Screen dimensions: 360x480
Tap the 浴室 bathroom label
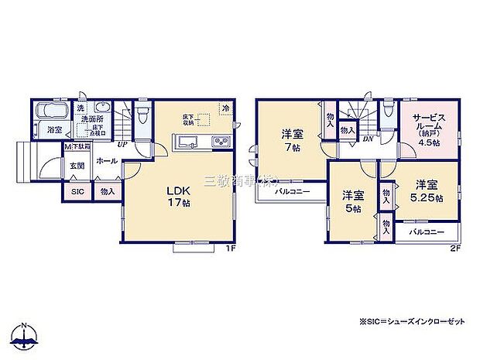pos(53,130)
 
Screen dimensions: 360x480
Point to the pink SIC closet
pos(77,190)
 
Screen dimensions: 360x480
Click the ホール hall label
pos(107,161)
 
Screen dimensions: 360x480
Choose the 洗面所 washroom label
pos(94,118)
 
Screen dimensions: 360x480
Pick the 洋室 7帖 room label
pos(292,139)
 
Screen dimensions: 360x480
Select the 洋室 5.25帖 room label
pos(427,190)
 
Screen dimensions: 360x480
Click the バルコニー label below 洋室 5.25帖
pos(427,231)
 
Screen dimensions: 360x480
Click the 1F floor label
pos(231,247)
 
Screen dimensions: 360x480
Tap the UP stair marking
pos(122,144)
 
